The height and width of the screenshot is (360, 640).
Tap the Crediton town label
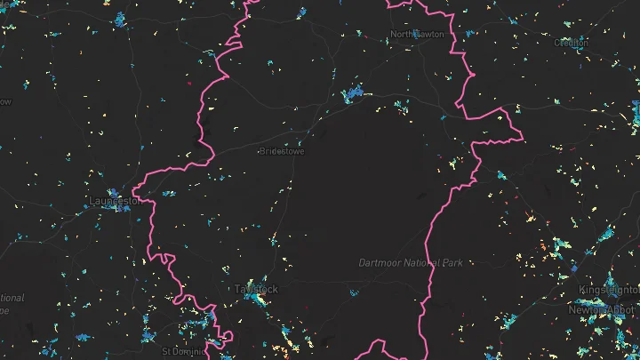572,42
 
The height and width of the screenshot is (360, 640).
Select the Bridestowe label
282,152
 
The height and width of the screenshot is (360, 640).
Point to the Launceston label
116,201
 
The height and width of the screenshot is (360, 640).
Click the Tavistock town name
257,290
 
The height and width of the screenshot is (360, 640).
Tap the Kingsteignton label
609,291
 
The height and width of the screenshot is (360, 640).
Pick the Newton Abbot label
604,309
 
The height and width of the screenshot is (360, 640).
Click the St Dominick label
182,351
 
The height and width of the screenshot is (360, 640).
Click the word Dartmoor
381,263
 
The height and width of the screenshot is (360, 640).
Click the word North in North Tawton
402,35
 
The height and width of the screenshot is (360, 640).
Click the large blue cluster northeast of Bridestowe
353,92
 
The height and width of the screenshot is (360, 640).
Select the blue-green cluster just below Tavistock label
259,301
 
